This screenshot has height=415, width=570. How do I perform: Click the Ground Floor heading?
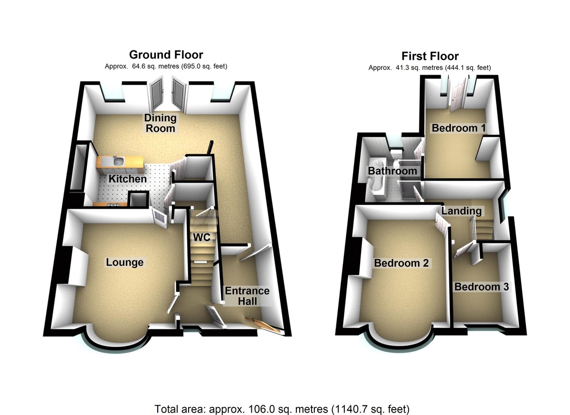click(166, 55)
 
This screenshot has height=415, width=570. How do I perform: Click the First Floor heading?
click(430, 56)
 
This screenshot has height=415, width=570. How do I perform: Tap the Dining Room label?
click(161, 123)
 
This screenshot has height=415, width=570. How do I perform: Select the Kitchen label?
click(128, 179)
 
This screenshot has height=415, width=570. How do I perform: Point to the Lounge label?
click(124, 262)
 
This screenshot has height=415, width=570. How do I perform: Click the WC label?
click(201, 236)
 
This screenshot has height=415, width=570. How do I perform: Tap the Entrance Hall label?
click(247, 296)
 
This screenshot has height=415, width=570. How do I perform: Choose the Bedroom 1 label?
click(454, 128)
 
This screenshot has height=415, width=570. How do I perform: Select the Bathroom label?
click(392, 171)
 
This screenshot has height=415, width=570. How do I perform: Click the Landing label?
click(461, 211)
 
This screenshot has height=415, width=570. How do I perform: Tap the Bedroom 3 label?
click(481, 287)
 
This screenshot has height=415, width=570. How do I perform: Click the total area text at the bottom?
click(282, 408)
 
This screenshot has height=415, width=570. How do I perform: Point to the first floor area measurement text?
click(429, 68)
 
